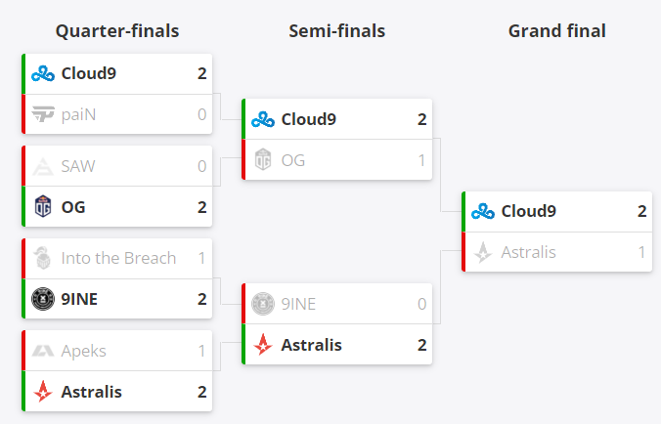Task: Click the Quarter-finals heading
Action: coord(116,31)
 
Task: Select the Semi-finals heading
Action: coord(336,31)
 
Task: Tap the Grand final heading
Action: coord(556,31)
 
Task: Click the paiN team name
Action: coord(78,114)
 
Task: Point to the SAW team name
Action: coord(78,166)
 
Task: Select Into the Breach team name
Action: coord(118,258)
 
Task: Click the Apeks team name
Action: coord(83,351)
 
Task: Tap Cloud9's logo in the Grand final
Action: coord(482,211)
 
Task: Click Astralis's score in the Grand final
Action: coord(641,252)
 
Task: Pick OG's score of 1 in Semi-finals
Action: coord(421,160)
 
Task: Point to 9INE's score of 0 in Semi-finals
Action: coord(421,304)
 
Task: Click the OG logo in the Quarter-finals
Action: coord(43,207)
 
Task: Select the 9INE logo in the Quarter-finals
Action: coord(43,299)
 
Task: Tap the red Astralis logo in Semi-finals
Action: coord(263,345)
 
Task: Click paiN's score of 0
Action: coord(201,114)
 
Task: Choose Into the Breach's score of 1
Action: coord(201,258)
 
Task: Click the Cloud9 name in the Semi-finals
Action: coord(308,119)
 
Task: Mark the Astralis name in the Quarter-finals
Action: coord(91,392)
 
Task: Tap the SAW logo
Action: coord(43,166)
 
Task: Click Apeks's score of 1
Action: coord(201,351)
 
